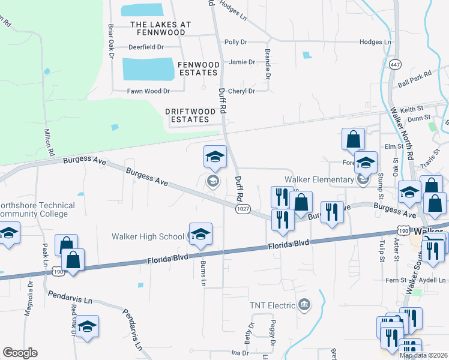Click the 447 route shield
tap(395, 64)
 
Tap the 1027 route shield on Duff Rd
tap(243, 208)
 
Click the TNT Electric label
tap(273, 305)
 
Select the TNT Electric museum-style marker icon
tap(304, 305)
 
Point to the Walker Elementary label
tap(319, 179)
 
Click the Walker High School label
tap(148, 236)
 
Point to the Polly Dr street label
tap(235, 42)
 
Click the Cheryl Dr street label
tap(243, 91)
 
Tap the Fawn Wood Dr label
tap(148, 91)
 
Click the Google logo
tap(20, 353)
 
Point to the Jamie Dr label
tap(243, 62)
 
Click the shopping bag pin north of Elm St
tap(353, 139)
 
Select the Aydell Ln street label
tap(432, 280)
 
